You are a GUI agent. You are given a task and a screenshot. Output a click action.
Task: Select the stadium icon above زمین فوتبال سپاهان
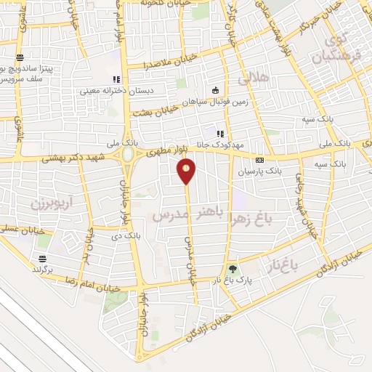point(215,90)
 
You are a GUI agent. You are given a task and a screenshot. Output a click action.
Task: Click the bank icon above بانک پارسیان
point(259,160)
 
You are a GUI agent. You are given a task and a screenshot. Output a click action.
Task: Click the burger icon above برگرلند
point(43,259)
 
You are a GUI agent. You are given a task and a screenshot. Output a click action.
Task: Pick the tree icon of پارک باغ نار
point(232,268)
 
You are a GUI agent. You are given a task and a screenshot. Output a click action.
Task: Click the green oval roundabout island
point(128,155)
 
